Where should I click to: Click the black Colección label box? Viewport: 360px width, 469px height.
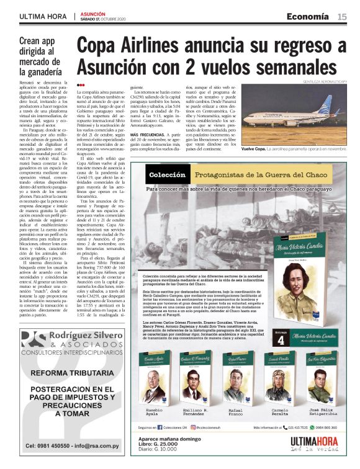click(x=168, y=174)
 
